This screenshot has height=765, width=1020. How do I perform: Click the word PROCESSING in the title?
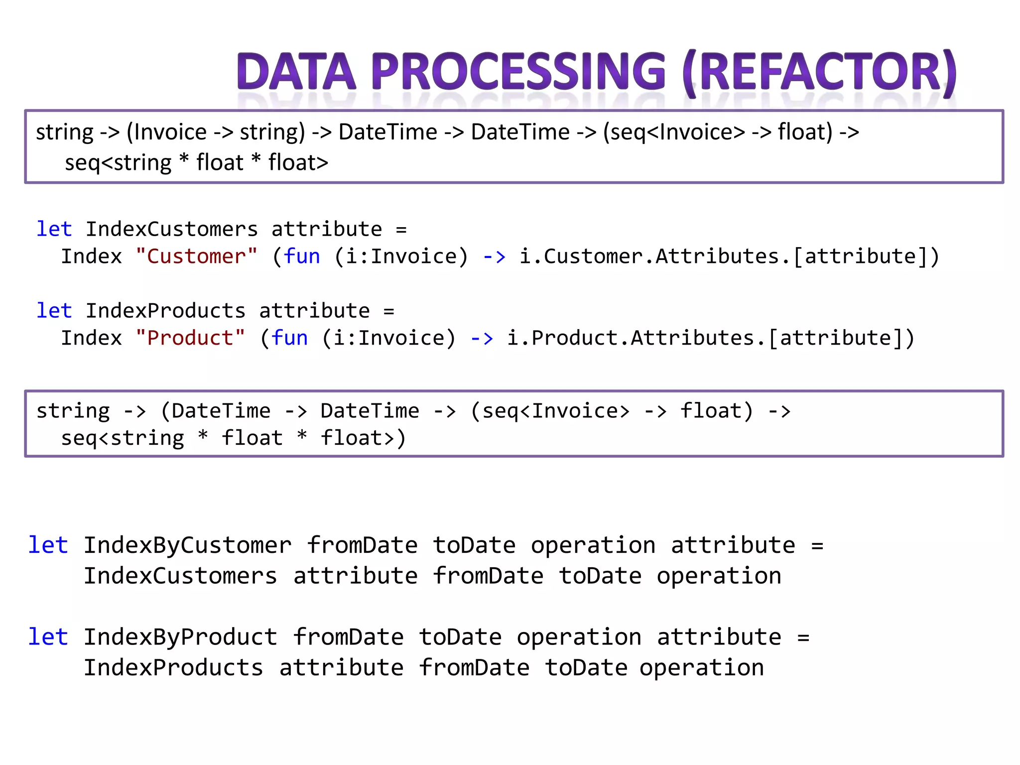click(518, 72)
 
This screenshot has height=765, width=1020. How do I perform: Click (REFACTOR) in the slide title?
click(819, 72)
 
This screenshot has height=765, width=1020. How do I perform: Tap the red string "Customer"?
click(197, 256)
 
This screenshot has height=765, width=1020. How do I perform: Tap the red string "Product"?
click(190, 338)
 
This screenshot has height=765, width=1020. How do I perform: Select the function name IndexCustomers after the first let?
click(172, 229)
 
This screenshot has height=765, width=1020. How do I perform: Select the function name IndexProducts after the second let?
click(165, 311)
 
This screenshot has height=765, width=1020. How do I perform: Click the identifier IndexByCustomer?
click(187, 545)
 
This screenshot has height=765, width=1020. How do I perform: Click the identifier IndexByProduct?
click(180, 637)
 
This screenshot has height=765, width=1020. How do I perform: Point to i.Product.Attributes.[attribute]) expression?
click(711, 338)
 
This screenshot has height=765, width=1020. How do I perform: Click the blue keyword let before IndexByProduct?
click(48, 637)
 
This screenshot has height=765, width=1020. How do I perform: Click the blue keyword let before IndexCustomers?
click(54, 229)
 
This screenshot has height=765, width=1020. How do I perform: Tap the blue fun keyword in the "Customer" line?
click(302, 256)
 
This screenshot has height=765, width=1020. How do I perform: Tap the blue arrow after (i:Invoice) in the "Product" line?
click(482, 339)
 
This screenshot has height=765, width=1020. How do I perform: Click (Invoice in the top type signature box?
click(166, 132)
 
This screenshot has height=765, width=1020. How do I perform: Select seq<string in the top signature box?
click(118, 163)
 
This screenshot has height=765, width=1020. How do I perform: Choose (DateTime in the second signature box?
click(215, 411)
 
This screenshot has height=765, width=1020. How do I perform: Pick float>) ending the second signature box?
click(363, 439)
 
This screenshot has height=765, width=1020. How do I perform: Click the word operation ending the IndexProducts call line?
click(701, 668)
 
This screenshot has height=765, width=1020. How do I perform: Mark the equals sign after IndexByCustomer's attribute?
click(817, 546)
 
